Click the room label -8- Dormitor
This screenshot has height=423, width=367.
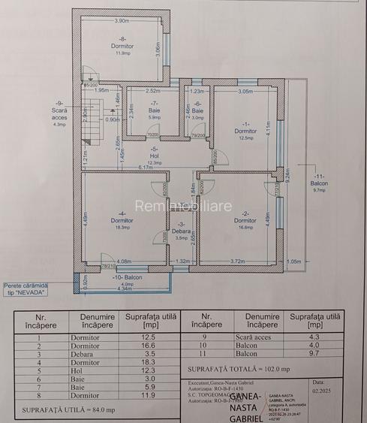[122, 45]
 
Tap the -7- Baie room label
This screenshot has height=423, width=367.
[154, 109]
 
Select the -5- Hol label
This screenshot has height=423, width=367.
[155, 155]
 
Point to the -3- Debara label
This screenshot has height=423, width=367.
[181, 230]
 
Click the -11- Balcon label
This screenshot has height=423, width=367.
[319, 183]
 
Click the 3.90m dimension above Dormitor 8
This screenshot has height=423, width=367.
[122, 20]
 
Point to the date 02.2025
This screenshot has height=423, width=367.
[322, 390]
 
